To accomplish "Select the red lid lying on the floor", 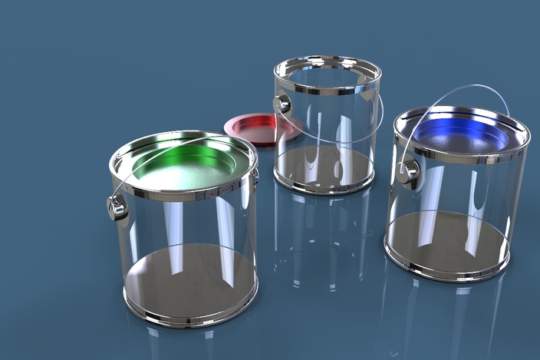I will point(257,126).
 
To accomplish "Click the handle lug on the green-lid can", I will point(117,206).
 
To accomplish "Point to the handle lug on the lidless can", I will point(282,104).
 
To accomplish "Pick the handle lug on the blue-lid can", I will point(407,172).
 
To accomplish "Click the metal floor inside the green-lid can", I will point(192,276).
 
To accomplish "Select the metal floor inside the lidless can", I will point(322,165).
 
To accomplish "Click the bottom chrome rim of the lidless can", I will point(322,187).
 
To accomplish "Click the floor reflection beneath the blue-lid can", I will point(445,315).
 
